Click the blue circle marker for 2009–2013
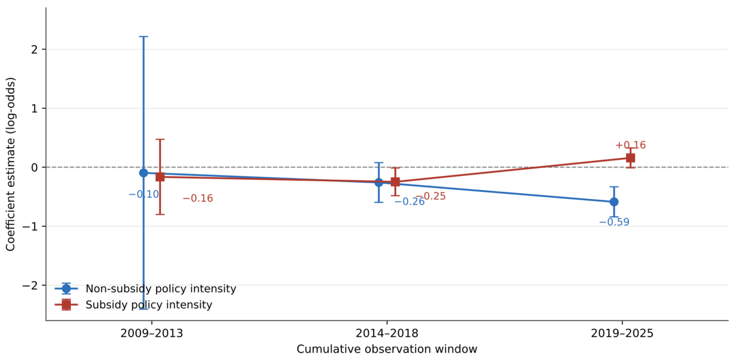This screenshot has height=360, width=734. [x=144, y=173]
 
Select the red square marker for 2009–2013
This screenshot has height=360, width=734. [x=160, y=177]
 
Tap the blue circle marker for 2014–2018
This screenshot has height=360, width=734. [x=379, y=183]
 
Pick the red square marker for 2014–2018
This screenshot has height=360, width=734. [x=395, y=182]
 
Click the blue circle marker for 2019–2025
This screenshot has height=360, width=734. [x=614, y=202]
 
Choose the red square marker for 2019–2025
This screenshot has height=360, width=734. [x=630, y=158]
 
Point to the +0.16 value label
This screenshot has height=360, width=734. [x=630, y=145]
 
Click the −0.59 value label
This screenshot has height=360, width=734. [x=614, y=222]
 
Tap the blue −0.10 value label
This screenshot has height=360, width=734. [x=144, y=194]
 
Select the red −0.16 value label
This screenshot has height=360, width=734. [x=198, y=199]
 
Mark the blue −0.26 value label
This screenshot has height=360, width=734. [x=409, y=202]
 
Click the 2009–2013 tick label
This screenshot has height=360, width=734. [x=152, y=333]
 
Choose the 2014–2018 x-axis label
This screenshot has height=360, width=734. [x=387, y=333]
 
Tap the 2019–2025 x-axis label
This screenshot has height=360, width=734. [x=622, y=333]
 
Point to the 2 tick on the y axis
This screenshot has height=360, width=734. [x=35, y=49]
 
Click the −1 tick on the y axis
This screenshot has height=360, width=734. [x=30, y=226]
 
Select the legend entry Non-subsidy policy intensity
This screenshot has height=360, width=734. [x=146, y=289]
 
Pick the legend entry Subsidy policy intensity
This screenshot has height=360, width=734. [x=134, y=305]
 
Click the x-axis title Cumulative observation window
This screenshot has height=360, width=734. [x=387, y=349]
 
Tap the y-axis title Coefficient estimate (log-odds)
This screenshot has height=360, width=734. [x=10, y=164]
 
